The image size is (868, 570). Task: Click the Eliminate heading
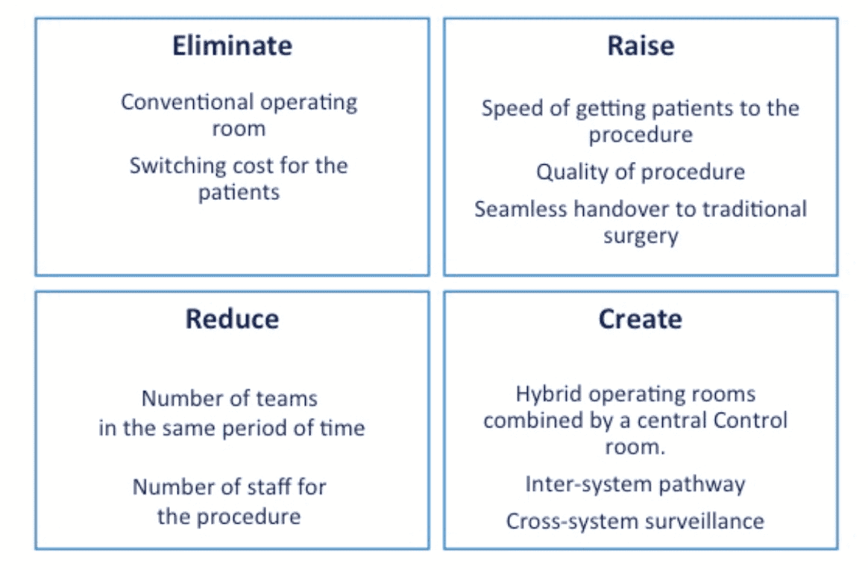[232, 46]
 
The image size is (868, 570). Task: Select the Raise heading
[640, 46]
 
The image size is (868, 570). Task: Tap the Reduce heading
[232, 319]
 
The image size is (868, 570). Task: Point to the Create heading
[640, 319]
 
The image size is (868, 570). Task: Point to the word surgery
[641, 236]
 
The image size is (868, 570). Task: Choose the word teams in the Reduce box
[286, 399]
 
